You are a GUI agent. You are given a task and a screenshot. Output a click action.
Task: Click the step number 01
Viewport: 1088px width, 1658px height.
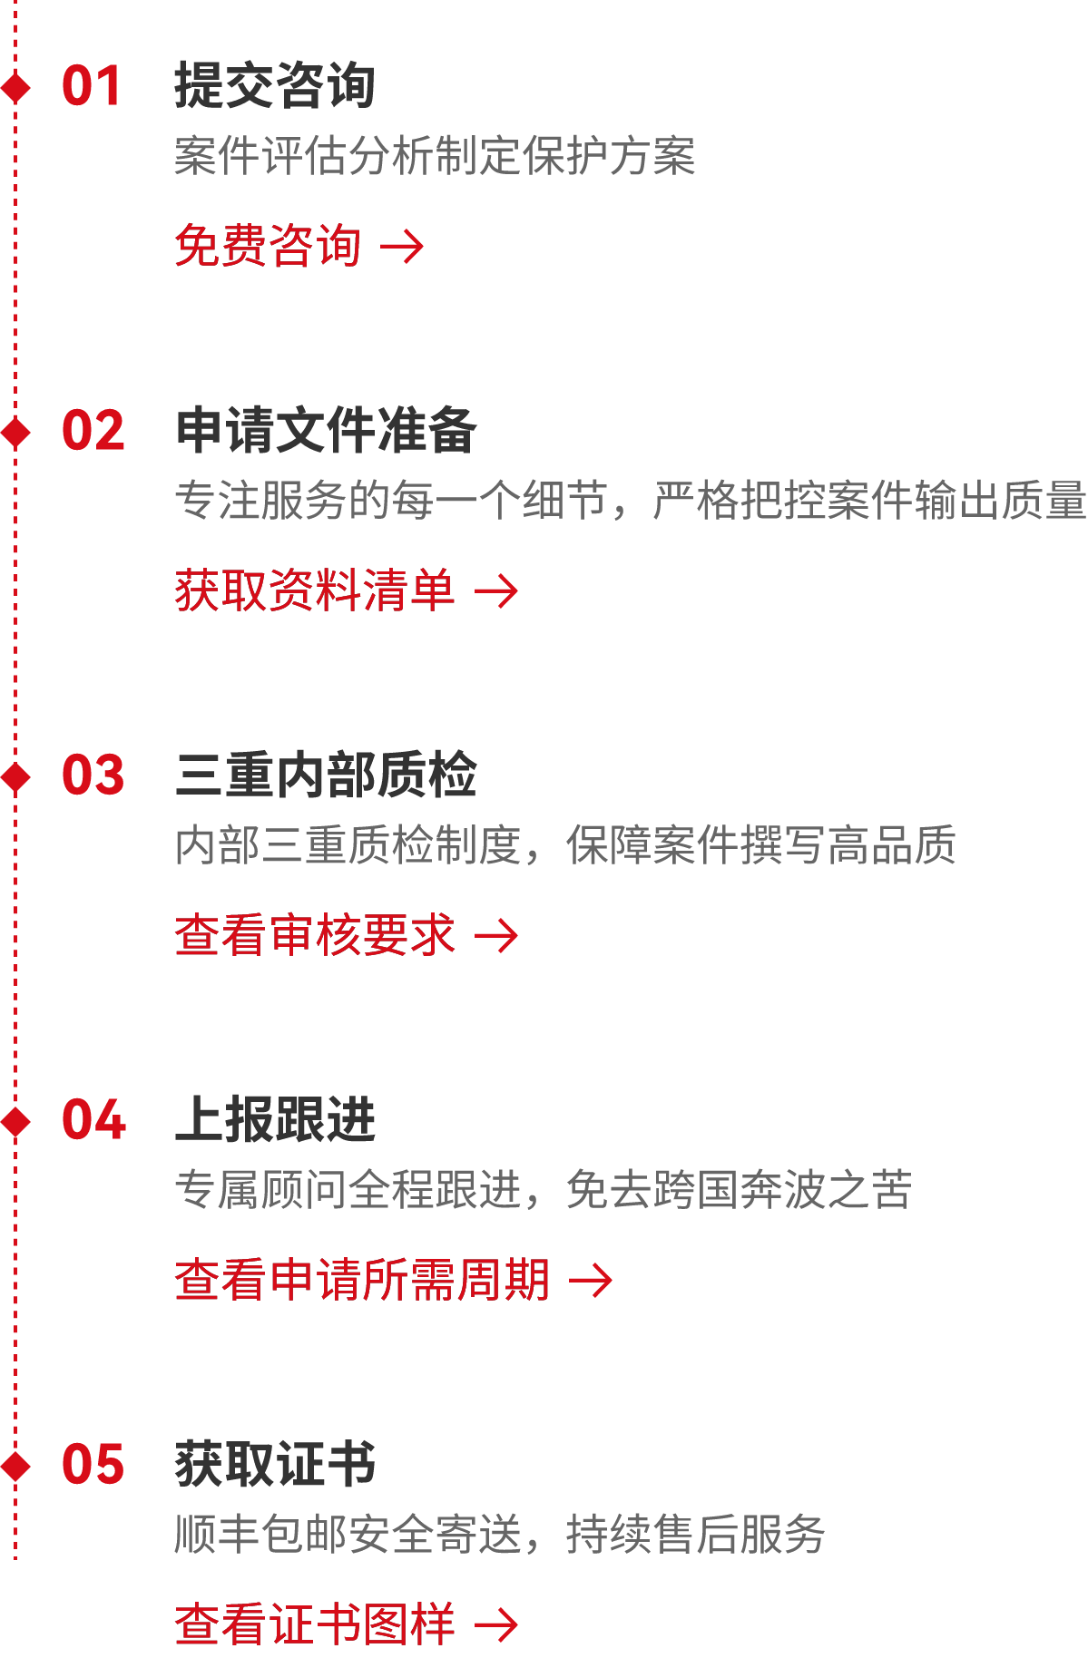(x=92, y=87)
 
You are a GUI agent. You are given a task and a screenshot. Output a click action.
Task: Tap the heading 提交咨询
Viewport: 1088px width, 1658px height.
(x=274, y=86)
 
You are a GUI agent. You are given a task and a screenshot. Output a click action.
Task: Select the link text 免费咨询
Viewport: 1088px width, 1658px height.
(x=268, y=246)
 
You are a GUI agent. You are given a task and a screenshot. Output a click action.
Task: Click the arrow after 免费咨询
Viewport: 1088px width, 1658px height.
(x=403, y=247)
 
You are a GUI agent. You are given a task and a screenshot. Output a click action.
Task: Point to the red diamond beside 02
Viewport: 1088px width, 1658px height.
(x=15, y=432)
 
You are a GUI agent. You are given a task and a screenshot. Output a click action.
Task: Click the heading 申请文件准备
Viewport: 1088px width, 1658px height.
(x=326, y=431)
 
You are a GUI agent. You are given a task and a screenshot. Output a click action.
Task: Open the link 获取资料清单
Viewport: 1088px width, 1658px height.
(x=314, y=590)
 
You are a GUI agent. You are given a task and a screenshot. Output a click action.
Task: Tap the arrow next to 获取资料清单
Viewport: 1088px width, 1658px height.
(x=497, y=591)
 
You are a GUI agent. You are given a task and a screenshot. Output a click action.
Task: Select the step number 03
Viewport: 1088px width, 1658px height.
(x=93, y=776)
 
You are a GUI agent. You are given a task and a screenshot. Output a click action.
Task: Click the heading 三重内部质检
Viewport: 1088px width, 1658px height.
(x=326, y=775)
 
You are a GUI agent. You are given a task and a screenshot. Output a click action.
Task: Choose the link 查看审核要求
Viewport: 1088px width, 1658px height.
(x=314, y=935)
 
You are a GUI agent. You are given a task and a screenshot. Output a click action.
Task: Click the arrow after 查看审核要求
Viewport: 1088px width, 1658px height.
(x=497, y=936)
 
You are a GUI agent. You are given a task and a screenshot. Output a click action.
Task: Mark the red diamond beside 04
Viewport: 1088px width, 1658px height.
(x=15, y=1121)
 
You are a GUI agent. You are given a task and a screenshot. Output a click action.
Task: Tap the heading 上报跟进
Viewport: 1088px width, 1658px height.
(x=275, y=1120)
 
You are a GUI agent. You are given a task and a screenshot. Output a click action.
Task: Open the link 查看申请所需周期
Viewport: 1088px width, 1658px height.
(x=362, y=1280)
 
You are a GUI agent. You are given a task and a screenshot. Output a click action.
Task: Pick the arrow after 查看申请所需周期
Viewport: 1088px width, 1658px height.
(x=592, y=1281)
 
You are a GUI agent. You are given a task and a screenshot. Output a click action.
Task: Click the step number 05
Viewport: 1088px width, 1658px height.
(x=93, y=1466)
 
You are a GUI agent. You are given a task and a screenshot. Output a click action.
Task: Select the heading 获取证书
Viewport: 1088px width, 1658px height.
(x=275, y=1465)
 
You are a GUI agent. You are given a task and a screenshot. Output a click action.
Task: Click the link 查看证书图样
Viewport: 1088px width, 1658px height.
(x=314, y=1624)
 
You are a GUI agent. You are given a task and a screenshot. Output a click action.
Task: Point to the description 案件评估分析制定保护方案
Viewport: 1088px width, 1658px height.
(x=435, y=156)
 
